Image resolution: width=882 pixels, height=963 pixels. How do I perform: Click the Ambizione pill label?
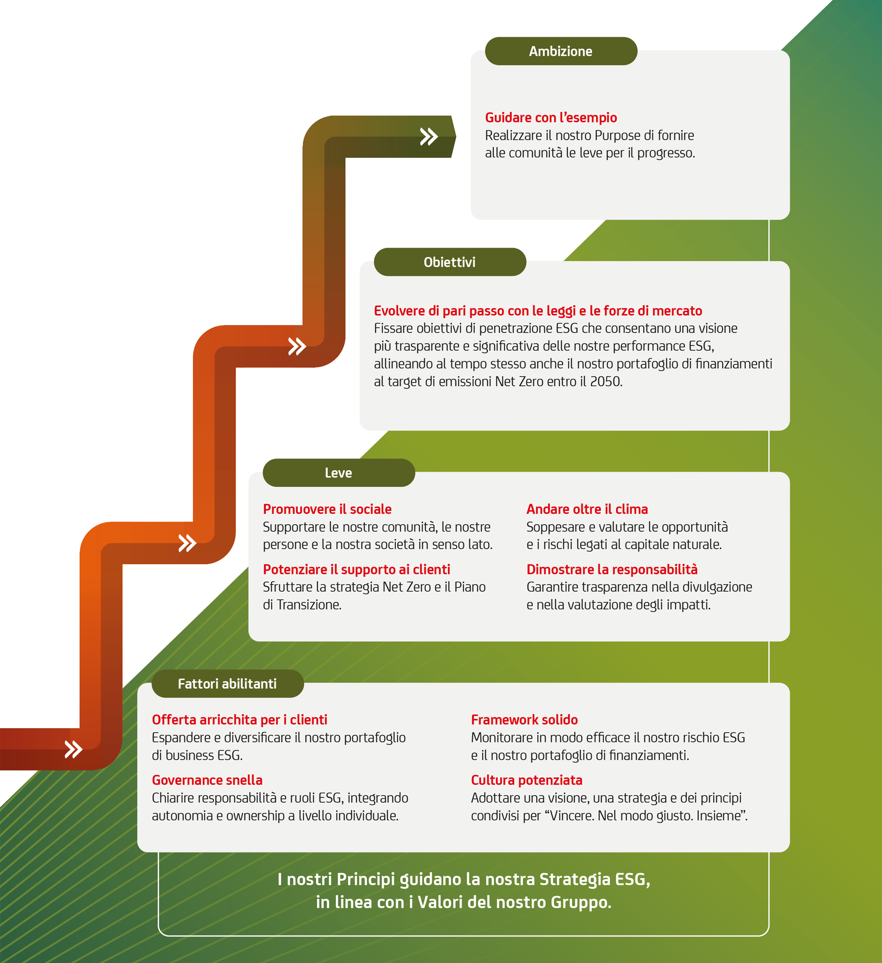(x=561, y=51)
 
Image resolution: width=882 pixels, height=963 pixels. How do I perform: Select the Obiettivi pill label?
(x=450, y=262)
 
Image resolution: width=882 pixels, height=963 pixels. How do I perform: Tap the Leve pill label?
(x=339, y=473)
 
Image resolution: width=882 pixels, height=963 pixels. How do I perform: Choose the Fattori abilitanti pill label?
(x=227, y=683)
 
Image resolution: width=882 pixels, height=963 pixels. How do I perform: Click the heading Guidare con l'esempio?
(x=551, y=118)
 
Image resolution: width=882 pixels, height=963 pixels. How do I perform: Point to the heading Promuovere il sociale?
(x=327, y=509)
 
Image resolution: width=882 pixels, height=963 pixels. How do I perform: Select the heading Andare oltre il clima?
(x=587, y=509)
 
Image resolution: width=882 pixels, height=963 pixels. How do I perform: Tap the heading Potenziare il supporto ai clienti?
(x=357, y=570)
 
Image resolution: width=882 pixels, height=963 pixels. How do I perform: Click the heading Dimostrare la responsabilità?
(x=612, y=570)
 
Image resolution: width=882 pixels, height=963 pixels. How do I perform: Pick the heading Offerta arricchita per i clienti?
(x=239, y=720)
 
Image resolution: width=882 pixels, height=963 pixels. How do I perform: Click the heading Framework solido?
(x=524, y=720)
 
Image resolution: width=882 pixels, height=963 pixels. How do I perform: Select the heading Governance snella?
(x=207, y=780)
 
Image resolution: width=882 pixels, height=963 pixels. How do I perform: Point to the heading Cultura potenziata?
(x=527, y=780)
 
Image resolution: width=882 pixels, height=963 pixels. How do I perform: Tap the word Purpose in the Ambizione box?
(x=618, y=136)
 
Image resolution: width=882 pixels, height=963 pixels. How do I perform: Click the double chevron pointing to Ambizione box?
(x=429, y=137)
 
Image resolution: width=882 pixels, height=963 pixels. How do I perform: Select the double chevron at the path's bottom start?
(x=73, y=749)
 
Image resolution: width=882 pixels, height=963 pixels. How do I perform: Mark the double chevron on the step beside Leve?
(x=187, y=543)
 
